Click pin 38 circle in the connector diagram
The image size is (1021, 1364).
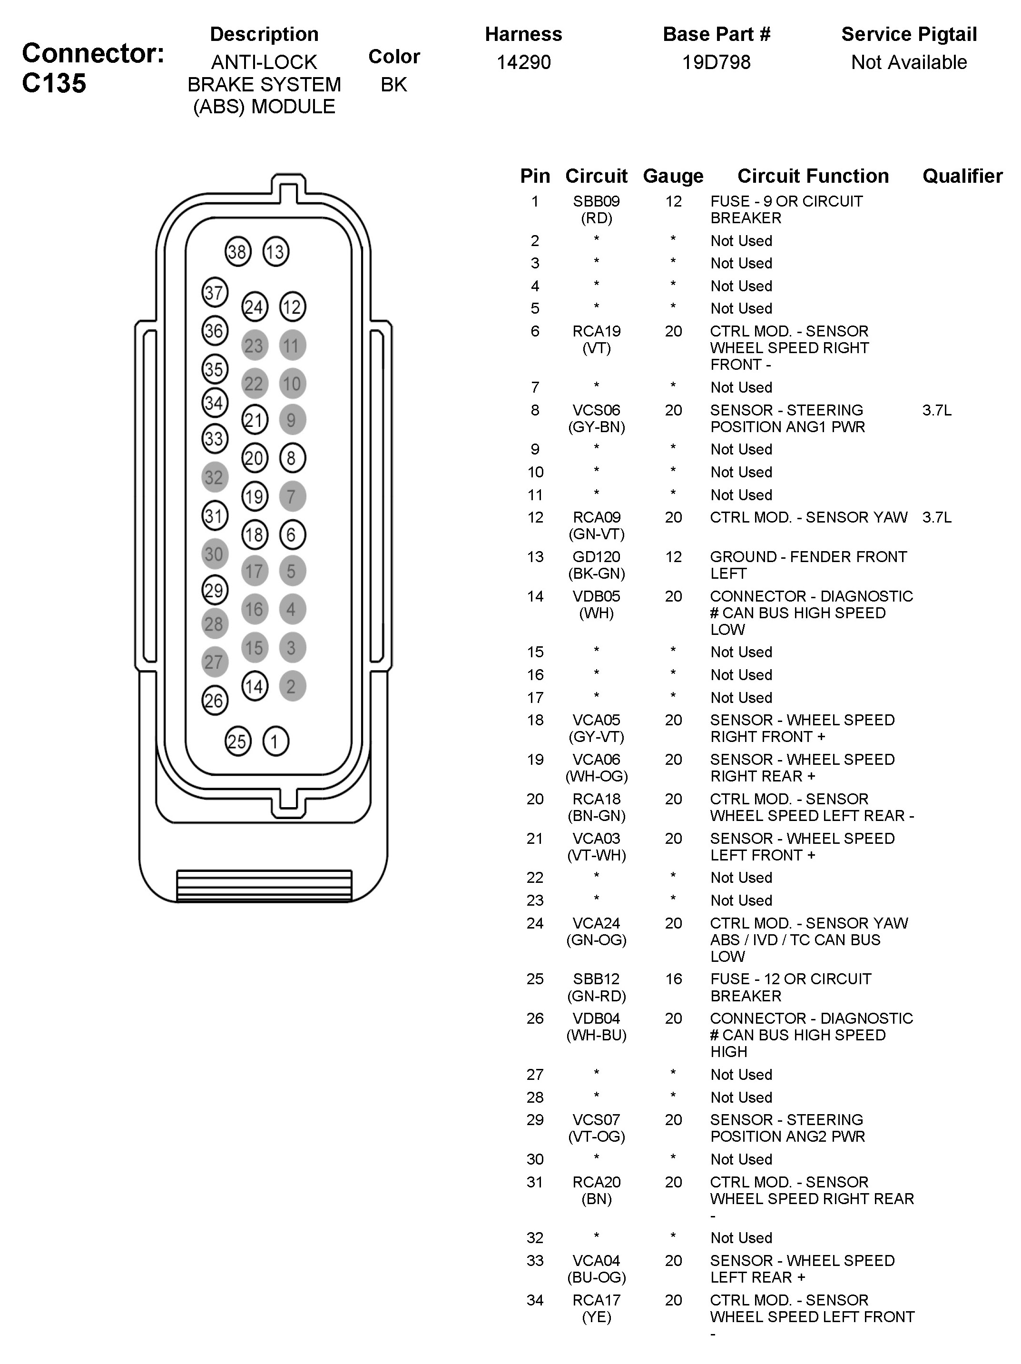(237, 252)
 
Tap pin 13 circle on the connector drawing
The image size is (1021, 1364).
(275, 252)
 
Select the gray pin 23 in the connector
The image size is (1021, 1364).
(254, 346)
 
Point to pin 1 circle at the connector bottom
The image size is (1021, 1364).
(275, 741)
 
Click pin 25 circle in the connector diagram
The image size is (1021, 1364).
(237, 741)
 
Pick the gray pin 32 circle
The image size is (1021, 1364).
(215, 477)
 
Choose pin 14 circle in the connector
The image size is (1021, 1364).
(254, 686)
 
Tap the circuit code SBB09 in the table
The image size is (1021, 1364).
(596, 202)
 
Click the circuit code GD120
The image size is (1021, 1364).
(596, 557)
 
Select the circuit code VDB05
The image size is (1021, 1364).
(596, 596)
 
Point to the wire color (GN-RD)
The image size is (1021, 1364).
(596, 996)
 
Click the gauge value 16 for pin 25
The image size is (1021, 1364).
(673, 979)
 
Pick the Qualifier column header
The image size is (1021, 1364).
(962, 177)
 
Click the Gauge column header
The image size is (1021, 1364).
(673, 177)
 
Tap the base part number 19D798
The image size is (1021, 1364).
(717, 62)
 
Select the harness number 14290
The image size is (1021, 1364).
(523, 62)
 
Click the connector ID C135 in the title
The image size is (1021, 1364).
(54, 83)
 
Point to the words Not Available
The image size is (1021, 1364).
(909, 62)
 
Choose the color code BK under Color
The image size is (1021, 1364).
(394, 85)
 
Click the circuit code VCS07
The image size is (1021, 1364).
(596, 1120)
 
